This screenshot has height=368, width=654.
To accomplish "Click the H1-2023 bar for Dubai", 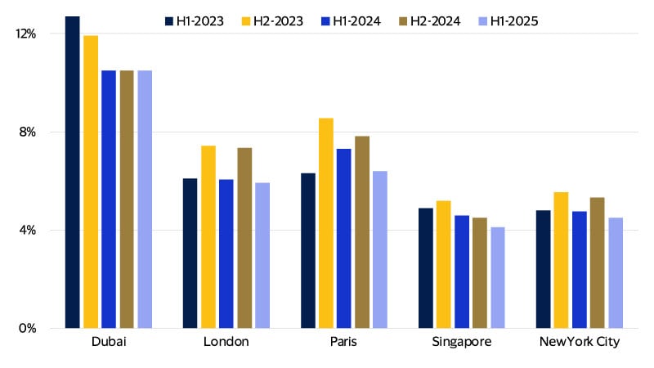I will click(73, 173).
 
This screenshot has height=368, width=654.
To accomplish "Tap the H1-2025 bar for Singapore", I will click(498, 278).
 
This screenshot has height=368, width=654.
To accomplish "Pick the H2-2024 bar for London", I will click(244, 238).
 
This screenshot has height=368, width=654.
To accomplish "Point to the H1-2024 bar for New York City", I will click(580, 270).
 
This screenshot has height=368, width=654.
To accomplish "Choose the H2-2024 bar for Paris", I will click(362, 232).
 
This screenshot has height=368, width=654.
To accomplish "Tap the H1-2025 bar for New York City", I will click(616, 273).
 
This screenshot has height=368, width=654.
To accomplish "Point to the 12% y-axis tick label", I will click(27, 34).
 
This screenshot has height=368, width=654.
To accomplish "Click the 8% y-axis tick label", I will click(29, 132).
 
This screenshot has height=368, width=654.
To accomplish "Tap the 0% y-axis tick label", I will click(29, 329).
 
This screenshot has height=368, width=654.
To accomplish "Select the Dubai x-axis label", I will click(109, 342).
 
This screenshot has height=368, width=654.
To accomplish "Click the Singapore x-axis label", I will click(462, 342).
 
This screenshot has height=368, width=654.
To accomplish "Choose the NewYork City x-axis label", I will click(580, 342).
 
